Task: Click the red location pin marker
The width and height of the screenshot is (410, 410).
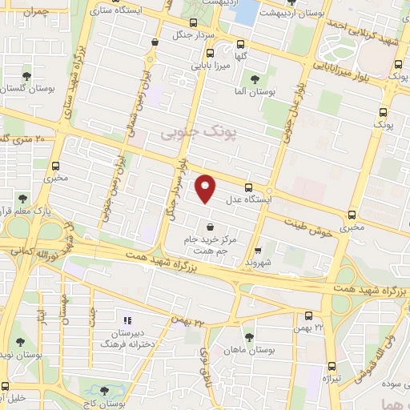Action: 206,188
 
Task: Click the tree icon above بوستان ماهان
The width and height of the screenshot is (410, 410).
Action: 249,337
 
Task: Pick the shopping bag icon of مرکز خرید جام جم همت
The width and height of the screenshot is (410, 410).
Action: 210,226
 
